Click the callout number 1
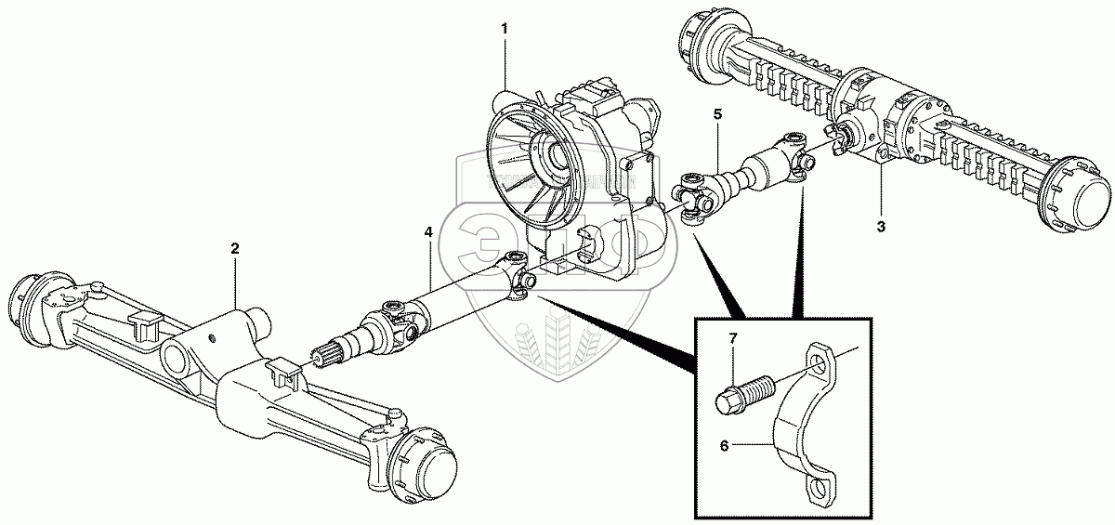coord(505,29)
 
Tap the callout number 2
coord(235,248)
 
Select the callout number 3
coord(881,226)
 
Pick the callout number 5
coord(716,114)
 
